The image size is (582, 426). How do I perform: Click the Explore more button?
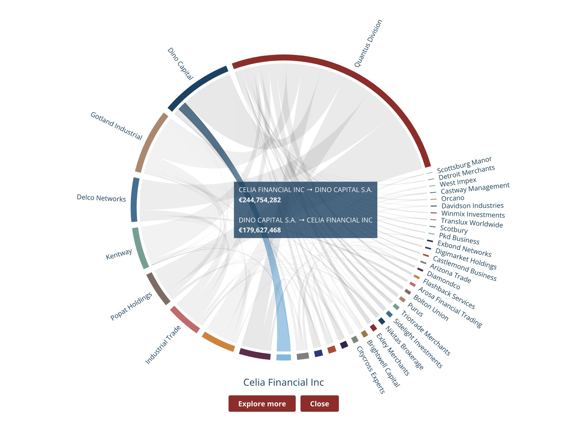(262, 403)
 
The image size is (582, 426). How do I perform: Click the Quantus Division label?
(368, 43)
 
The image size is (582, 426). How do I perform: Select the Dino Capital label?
(180, 64)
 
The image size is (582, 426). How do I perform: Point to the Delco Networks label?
(101, 198)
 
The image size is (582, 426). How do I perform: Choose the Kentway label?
(119, 254)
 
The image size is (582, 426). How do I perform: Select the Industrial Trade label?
(163, 344)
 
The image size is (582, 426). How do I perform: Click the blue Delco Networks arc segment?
(135, 200)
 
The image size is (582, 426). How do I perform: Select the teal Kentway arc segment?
(140, 248)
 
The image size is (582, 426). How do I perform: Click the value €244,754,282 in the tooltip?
(260, 200)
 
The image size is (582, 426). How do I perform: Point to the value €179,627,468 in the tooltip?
(260, 230)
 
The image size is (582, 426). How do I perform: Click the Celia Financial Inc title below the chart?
(284, 382)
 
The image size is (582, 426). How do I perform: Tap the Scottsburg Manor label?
(464, 165)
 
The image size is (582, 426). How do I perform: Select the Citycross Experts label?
(371, 370)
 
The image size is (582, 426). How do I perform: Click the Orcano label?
(452, 198)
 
